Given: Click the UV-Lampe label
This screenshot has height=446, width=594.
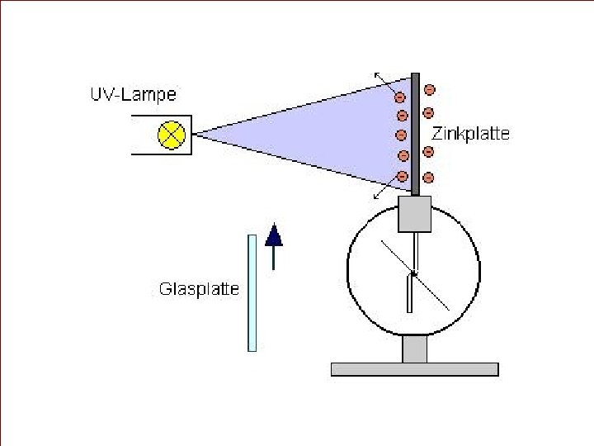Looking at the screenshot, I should [x=132, y=95].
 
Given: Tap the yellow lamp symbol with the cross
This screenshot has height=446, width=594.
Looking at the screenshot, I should [x=171, y=135].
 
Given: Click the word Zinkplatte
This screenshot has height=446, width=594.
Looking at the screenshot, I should [x=471, y=133].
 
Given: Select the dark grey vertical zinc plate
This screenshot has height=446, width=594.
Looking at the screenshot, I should [x=416, y=132].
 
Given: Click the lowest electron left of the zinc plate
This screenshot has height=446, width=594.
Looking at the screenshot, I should [x=403, y=176].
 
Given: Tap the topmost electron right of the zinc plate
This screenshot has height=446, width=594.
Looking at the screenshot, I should [x=429, y=89].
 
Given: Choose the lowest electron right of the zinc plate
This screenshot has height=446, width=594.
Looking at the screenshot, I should [x=429, y=177].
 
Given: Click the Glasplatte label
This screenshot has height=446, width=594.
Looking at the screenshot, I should [x=199, y=289].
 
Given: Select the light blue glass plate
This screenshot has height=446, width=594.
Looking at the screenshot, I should [x=252, y=292].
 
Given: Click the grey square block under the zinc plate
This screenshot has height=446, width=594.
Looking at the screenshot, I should [x=415, y=214].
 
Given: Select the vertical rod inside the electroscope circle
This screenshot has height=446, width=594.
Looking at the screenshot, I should [x=409, y=289].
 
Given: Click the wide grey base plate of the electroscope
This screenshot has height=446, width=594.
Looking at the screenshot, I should [x=414, y=369].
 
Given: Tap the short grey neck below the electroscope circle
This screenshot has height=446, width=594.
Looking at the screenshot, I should [x=414, y=349].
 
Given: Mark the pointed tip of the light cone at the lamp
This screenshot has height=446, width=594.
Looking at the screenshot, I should [x=196, y=135].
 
